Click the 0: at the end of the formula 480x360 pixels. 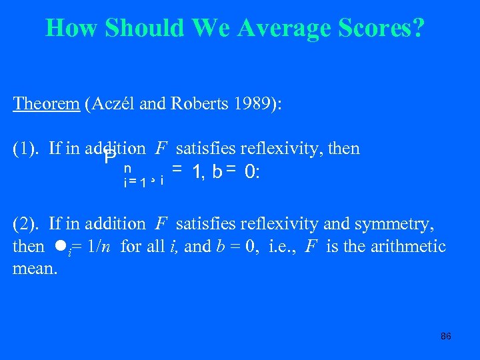pyautogui.click(x=253, y=172)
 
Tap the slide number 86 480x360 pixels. pyautogui.click(x=445, y=336)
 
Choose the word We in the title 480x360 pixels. pyautogui.click(x=214, y=29)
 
